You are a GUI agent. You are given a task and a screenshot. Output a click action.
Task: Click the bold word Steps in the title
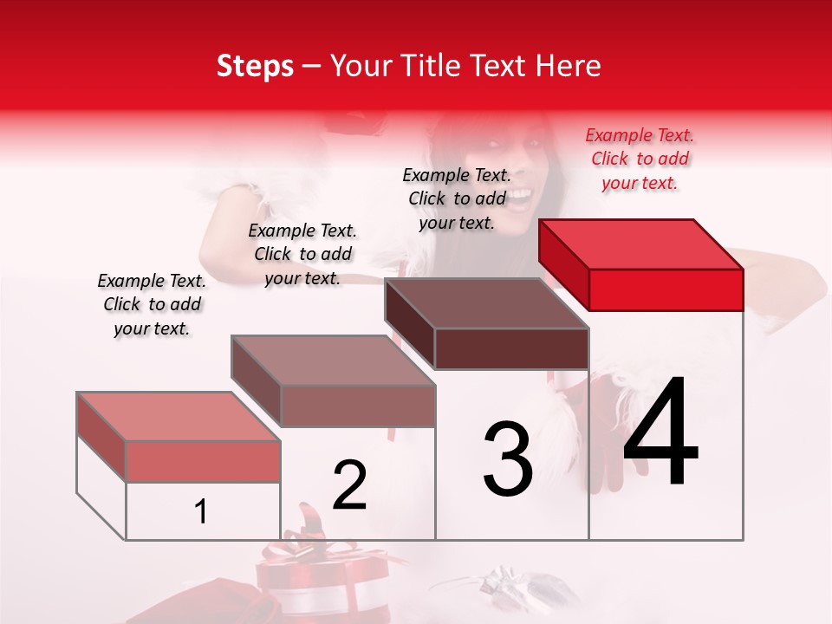tap(255, 66)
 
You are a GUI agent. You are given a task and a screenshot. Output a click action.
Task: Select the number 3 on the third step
tap(508, 459)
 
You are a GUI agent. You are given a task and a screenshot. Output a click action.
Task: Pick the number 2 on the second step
tap(349, 485)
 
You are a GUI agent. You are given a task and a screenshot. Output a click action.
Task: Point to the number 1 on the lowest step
tap(201, 512)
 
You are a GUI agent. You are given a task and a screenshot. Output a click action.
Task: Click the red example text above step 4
tap(640, 159)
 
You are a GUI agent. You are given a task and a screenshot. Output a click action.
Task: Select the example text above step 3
tap(457, 198)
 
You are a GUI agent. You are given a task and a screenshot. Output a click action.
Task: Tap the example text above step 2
tap(302, 254)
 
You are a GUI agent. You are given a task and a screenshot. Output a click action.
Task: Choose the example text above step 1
tap(152, 304)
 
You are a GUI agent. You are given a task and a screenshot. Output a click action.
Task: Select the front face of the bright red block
tap(666, 289)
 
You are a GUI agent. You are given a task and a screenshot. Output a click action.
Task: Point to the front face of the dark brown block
tap(511, 349)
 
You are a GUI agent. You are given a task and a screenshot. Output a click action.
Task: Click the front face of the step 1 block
tap(203, 461)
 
